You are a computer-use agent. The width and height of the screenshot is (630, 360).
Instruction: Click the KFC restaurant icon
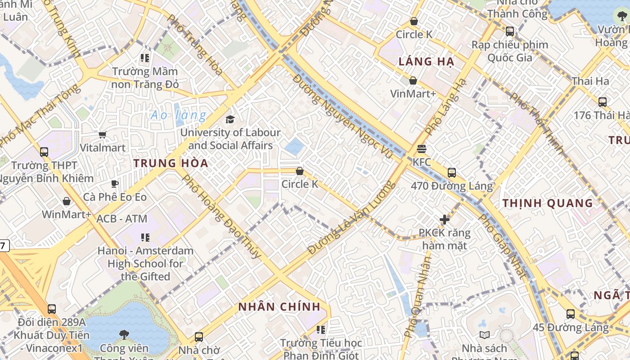click(422, 148)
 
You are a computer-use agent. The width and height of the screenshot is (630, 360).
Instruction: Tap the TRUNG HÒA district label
click(171, 163)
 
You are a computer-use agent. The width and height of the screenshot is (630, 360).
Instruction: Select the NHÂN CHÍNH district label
click(279, 307)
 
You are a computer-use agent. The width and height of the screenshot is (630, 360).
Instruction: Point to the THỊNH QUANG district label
click(548, 203)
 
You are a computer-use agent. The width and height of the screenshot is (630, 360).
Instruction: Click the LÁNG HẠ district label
click(426, 62)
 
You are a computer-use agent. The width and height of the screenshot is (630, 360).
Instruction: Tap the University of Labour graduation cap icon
click(230, 119)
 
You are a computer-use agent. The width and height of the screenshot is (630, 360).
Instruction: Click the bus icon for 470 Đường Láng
click(452, 172)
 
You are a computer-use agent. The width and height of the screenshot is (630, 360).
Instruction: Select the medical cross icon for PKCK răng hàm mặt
click(445, 220)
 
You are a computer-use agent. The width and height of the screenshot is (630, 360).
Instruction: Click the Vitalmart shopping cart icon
click(103, 135)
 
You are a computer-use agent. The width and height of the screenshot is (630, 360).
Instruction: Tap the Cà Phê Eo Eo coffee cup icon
click(115, 184)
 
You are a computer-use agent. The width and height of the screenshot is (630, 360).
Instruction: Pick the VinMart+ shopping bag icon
click(413, 81)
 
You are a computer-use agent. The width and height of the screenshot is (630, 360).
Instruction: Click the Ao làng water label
click(179, 115)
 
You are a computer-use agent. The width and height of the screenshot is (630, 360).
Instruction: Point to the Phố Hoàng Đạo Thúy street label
click(221, 216)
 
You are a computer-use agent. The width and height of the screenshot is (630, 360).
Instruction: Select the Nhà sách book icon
click(484, 335)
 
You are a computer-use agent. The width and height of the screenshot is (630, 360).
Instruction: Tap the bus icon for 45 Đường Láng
click(571, 314)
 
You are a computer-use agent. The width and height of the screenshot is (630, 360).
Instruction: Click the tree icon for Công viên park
click(124, 335)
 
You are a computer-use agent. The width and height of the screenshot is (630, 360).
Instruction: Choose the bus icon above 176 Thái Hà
click(603, 102)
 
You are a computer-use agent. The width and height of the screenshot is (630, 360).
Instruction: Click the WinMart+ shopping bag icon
click(67, 201)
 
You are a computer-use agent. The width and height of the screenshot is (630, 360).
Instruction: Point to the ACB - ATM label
click(122, 219)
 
